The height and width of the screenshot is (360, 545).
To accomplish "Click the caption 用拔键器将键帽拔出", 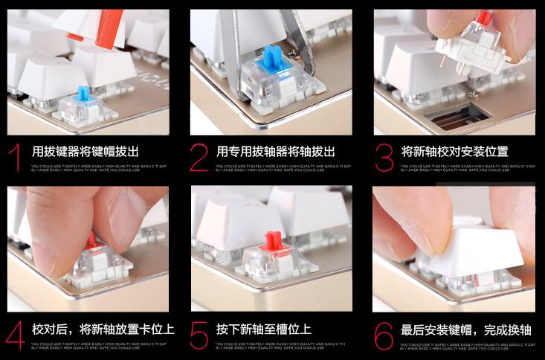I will [x=86, y=151].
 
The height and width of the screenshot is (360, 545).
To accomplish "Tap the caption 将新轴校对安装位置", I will [x=454, y=151].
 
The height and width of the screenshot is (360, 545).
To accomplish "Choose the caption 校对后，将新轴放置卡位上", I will [x=103, y=328].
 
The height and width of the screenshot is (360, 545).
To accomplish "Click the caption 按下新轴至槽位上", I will [x=263, y=328].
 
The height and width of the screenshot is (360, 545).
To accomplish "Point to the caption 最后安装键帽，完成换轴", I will [x=466, y=328].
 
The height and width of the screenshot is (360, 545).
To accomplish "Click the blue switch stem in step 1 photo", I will [x=84, y=96].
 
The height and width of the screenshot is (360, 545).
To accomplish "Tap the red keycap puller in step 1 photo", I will [x=109, y=30].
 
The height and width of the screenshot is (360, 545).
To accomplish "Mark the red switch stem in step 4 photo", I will [x=91, y=240].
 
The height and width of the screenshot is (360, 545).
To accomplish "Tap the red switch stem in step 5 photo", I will [x=273, y=242].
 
